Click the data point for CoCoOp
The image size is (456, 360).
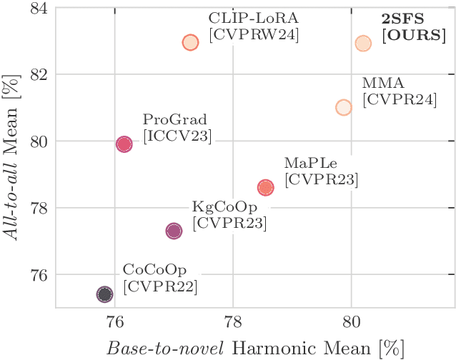pyautogui.click(x=105, y=294)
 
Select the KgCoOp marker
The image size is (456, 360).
pyautogui.click(x=174, y=231)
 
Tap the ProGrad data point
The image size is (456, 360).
pyautogui.click(x=124, y=144)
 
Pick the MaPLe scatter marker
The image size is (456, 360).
pyautogui.click(x=266, y=187)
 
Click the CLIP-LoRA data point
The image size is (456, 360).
pyautogui.click(x=190, y=42)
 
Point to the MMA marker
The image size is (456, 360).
pyautogui.click(x=344, y=107)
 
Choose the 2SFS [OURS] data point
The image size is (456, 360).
pyautogui.click(x=363, y=44)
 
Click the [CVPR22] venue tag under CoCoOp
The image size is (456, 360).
pyautogui.click(x=160, y=286)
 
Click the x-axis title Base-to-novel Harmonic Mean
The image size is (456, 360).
pyautogui.click(x=254, y=346)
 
